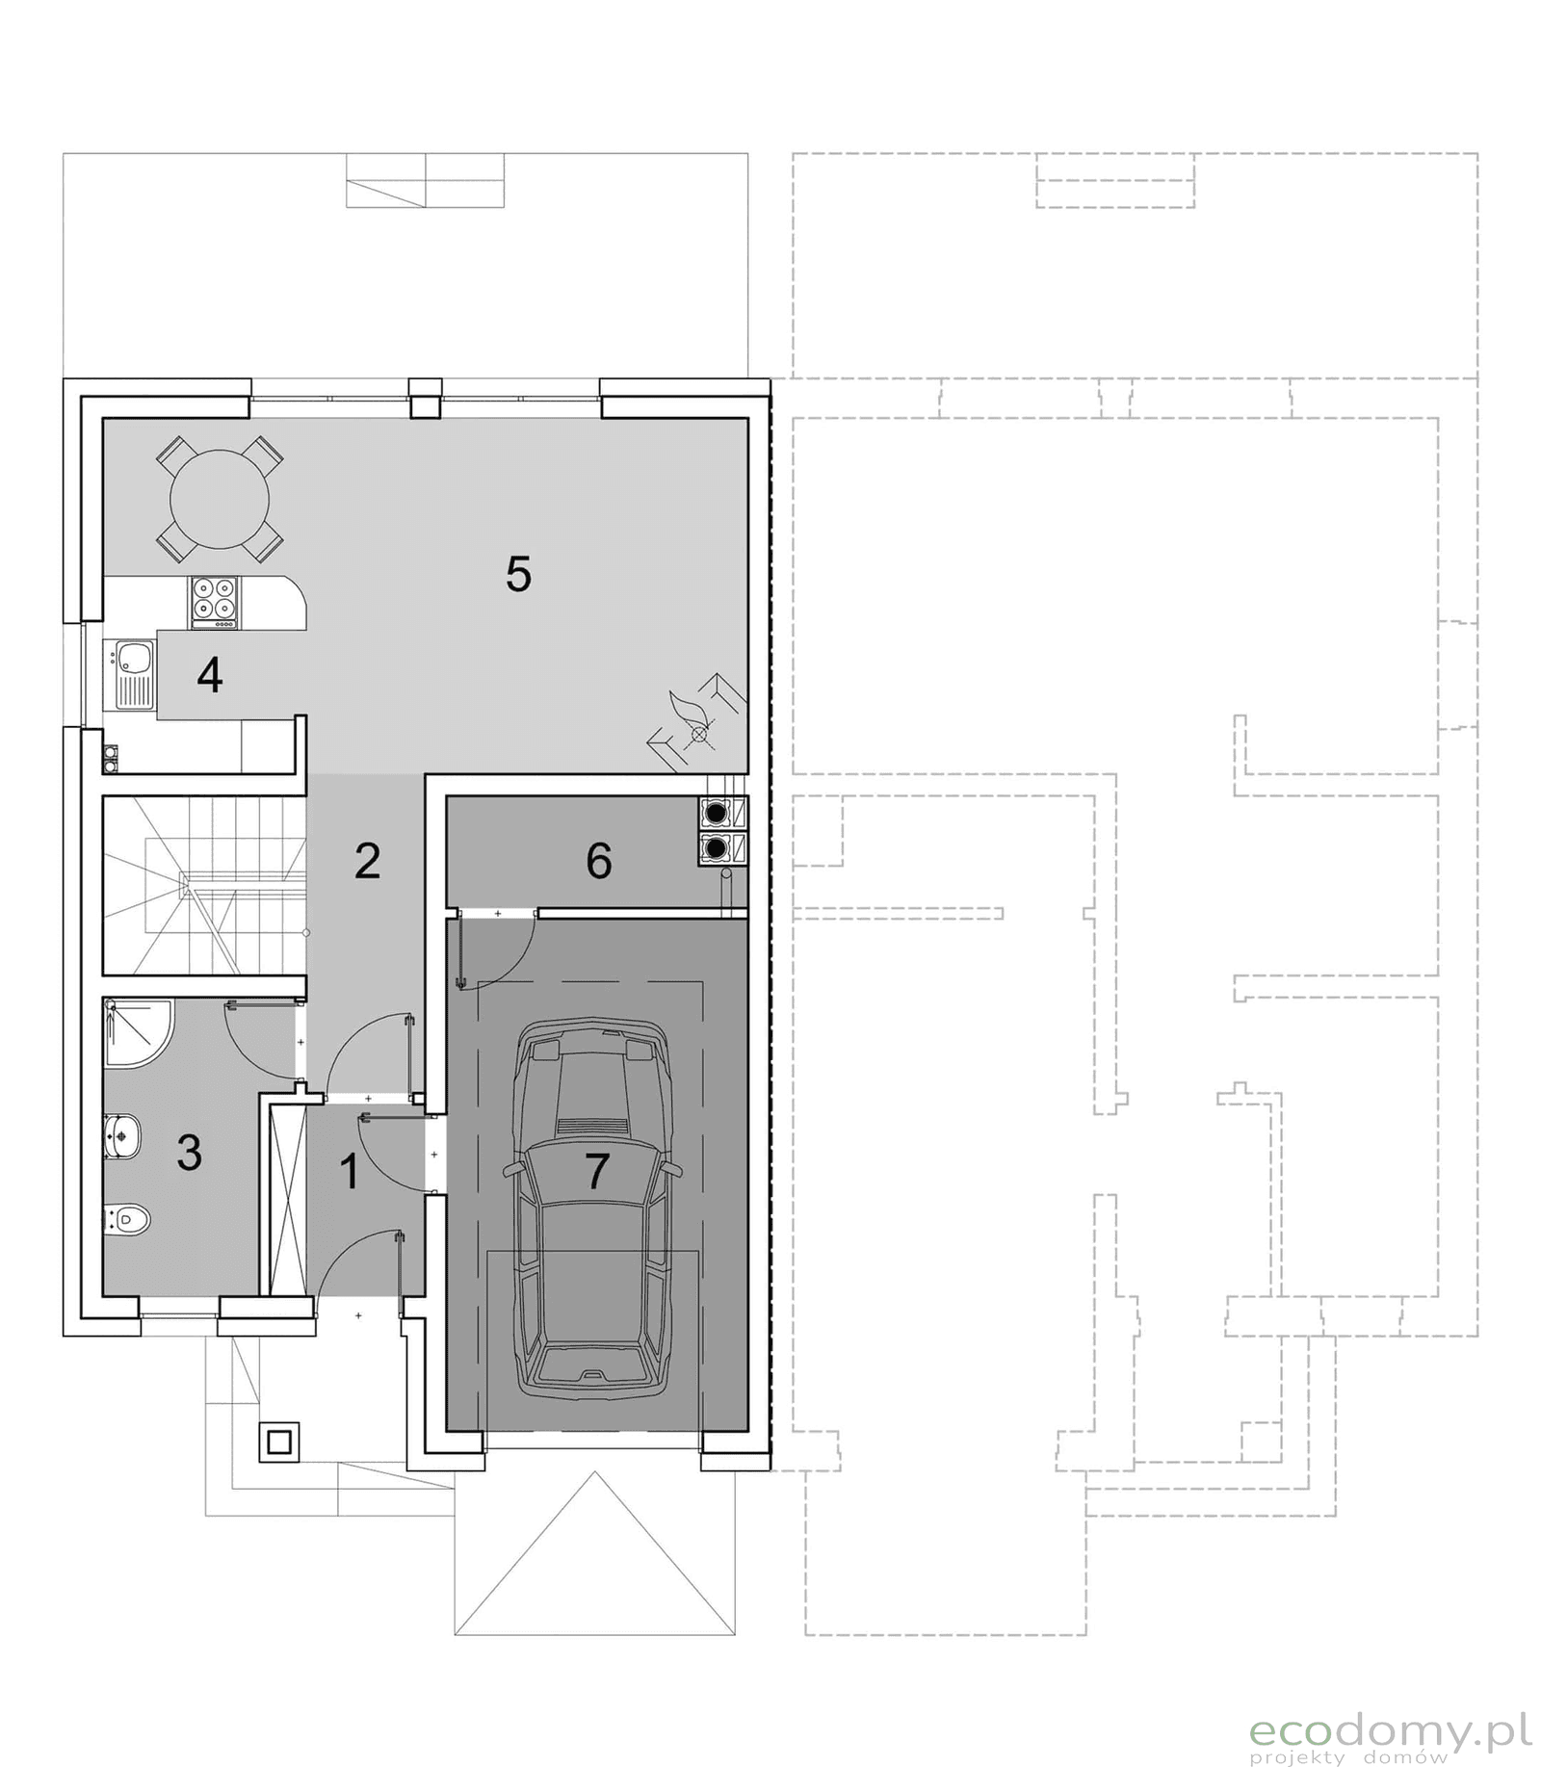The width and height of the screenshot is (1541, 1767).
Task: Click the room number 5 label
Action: click(518, 575)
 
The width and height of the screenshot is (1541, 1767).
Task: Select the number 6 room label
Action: click(598, 861)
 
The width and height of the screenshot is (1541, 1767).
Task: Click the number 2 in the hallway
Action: click(367, 861)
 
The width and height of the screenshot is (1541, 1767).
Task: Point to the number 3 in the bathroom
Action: click(189, 1152)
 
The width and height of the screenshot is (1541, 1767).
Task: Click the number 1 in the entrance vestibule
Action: click(350, 1172)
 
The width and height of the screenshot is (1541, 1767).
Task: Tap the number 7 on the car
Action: click(597, 1170)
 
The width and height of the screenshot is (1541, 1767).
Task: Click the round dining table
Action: click(220, 499)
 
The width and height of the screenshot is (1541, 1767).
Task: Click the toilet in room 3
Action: click(128, 1221)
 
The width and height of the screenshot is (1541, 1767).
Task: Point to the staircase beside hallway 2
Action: click(204, 884)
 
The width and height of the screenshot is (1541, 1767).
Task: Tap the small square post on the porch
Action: click(279, 1442)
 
